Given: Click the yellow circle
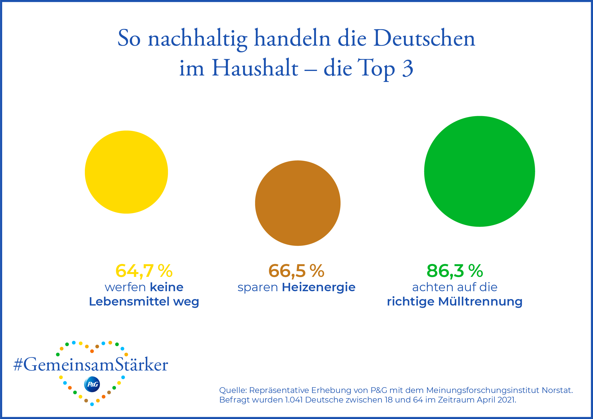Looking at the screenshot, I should point(126,172).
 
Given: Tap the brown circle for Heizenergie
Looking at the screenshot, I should point(298,203).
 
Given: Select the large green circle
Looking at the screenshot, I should point(479,172).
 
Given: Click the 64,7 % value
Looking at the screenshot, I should point(144,271).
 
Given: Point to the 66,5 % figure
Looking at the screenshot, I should point(296,271).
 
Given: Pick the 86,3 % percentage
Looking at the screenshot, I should point(455,271).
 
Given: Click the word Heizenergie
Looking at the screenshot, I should point(318,287).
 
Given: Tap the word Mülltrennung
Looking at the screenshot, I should point(480,301).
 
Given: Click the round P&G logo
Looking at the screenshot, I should point(92,384).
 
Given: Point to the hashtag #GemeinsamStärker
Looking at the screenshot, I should point(91,365).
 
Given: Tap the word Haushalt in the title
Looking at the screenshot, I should point(255,68).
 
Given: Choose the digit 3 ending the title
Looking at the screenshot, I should point(408,68).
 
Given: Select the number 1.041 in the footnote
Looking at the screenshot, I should point(294,400).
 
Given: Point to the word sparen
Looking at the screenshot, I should point(257,287).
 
